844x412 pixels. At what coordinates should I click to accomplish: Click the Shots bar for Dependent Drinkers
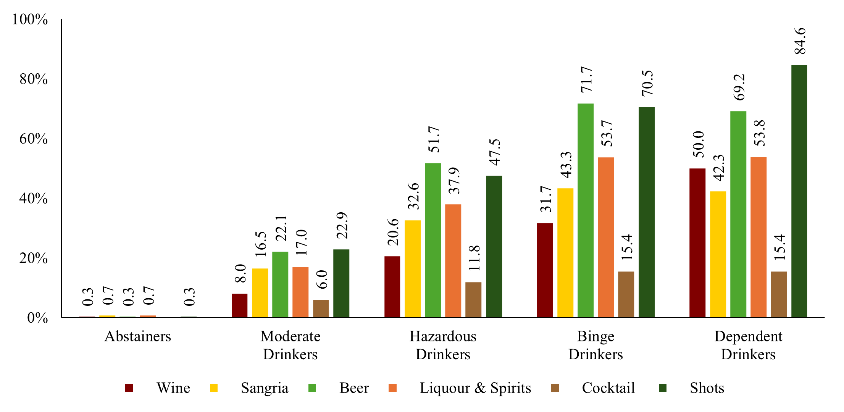pyautogui.click(x=799, y=191)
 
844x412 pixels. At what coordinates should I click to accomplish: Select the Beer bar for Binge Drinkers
pyautogui.click(x=585, y=210)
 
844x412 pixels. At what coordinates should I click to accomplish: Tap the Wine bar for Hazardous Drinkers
pyautogui.click(x=392, y=286)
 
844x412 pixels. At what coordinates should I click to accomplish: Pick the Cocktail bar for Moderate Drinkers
pyautogui.click(x=321, y=309)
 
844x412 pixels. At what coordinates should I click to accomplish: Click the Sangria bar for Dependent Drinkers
pyautogui.click(x=718, y=254)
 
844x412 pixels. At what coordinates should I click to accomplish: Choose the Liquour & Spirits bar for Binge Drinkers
pyautogui.click(x=606, y=237)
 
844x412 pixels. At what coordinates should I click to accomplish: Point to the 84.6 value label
pyautogui.click(x=800, y=41)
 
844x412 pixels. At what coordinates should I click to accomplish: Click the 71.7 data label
pyautogui.click(x=586, y=79)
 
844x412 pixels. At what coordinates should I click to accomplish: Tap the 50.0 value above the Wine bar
pyautogui.click(x=698, y=144)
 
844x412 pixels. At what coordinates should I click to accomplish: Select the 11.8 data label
pyautogui.click(x=474, y=258)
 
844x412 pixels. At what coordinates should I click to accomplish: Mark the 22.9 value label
pyautogui.click(x=342, y=225)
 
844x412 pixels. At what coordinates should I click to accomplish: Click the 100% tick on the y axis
pyautogui.click(x=30, y=19)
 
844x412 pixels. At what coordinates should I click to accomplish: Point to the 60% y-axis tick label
pyautogui.click(x=34, y=139)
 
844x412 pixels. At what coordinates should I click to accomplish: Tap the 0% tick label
pyautogui.click(x=37, y=318)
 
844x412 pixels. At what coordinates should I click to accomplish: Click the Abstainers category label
pyautogui.click(x=138, y=336)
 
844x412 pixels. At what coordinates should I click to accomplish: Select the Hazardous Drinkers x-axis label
pyautogui.click(x=443, y=345)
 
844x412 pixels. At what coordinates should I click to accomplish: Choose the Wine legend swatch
pyautogui.click(x=129, y=388)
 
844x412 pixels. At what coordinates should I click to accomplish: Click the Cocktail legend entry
pyautogui.click(x=608, y=388)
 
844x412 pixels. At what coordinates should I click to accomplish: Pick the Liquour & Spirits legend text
pyautogui.click(x=475, y=388)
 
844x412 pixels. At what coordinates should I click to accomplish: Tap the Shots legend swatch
pyautogui.click(x=663, y=388)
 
